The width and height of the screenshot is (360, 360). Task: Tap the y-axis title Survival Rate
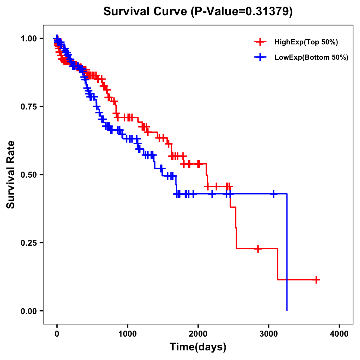[11, 174]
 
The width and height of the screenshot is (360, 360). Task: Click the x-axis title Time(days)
[198, 347]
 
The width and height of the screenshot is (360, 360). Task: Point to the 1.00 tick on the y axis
[29, 38]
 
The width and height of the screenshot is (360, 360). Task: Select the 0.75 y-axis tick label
[29, 106]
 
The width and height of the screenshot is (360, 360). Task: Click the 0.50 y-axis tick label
[29, 175]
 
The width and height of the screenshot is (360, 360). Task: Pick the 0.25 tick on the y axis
[29, 243]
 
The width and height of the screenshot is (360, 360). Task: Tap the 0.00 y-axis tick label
[29, 311]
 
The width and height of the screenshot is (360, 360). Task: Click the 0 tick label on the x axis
[57, 334]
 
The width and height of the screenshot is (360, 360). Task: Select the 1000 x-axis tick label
[127, 334]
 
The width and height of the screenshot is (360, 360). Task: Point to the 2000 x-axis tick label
[198, 334]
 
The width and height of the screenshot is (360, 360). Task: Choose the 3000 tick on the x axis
[269, 334]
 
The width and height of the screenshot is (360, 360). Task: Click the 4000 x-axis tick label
[339, 334]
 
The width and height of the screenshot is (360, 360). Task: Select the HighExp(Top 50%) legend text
[306, 42]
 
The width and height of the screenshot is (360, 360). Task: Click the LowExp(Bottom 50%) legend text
[311, 57]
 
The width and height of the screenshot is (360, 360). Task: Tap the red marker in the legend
[260, 42]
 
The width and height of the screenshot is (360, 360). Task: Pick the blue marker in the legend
[260, 57]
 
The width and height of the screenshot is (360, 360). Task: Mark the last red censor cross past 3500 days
[316, 280]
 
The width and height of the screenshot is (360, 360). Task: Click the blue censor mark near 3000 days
[274, 194]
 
